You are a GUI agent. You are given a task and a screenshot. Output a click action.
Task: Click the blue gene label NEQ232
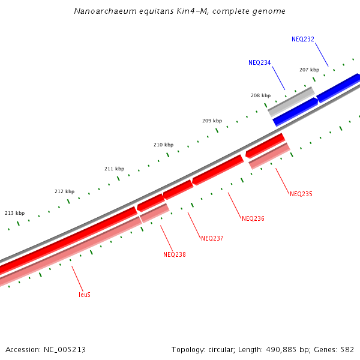(x=303, y=39)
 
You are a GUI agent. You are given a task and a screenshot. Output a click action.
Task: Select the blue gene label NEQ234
(x=259, y=62)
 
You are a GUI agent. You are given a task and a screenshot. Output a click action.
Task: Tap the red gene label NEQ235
(x=301, y=194)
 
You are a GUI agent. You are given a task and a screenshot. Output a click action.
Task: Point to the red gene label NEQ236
(x=253, y=218)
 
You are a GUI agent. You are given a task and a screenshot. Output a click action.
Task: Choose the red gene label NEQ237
(x=212, y=238)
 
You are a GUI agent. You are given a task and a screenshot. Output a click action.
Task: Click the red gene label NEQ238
(x=174, y=254)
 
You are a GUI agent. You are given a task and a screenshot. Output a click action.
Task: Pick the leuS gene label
(x=85, y=295)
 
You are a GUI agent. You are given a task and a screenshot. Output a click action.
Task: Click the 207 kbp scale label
(x=309, y=70)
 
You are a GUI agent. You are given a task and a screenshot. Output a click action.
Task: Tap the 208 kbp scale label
(x=260, y=95)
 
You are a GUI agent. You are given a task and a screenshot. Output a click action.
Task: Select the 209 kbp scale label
(x=212, y=121)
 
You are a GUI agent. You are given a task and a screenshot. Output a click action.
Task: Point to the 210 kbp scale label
(x=163, y=145)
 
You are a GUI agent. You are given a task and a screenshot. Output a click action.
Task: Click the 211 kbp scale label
(x=114, y=169)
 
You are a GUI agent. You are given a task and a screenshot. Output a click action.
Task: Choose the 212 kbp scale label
(x=64, y=191)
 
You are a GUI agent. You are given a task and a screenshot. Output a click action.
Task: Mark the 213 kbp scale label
(x=14, y=213)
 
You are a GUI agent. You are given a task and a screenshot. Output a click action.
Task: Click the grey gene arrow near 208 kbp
(x=291, y=101)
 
